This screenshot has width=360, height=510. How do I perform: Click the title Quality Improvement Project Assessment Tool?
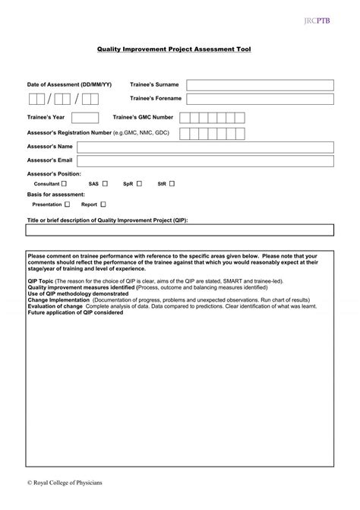173,49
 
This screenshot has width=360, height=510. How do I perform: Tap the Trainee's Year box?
85,118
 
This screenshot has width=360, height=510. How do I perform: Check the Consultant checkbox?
64,184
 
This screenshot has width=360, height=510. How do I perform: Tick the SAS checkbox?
105,184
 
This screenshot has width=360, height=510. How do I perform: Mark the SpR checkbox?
139,184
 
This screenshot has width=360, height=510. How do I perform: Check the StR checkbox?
172,184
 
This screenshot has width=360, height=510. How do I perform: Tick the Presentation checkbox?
68,204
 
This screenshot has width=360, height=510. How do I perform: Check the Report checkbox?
103,204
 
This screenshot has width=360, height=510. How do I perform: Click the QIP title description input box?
179,231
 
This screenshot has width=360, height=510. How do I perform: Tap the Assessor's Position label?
54,174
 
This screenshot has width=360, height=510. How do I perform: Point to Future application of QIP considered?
75,312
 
